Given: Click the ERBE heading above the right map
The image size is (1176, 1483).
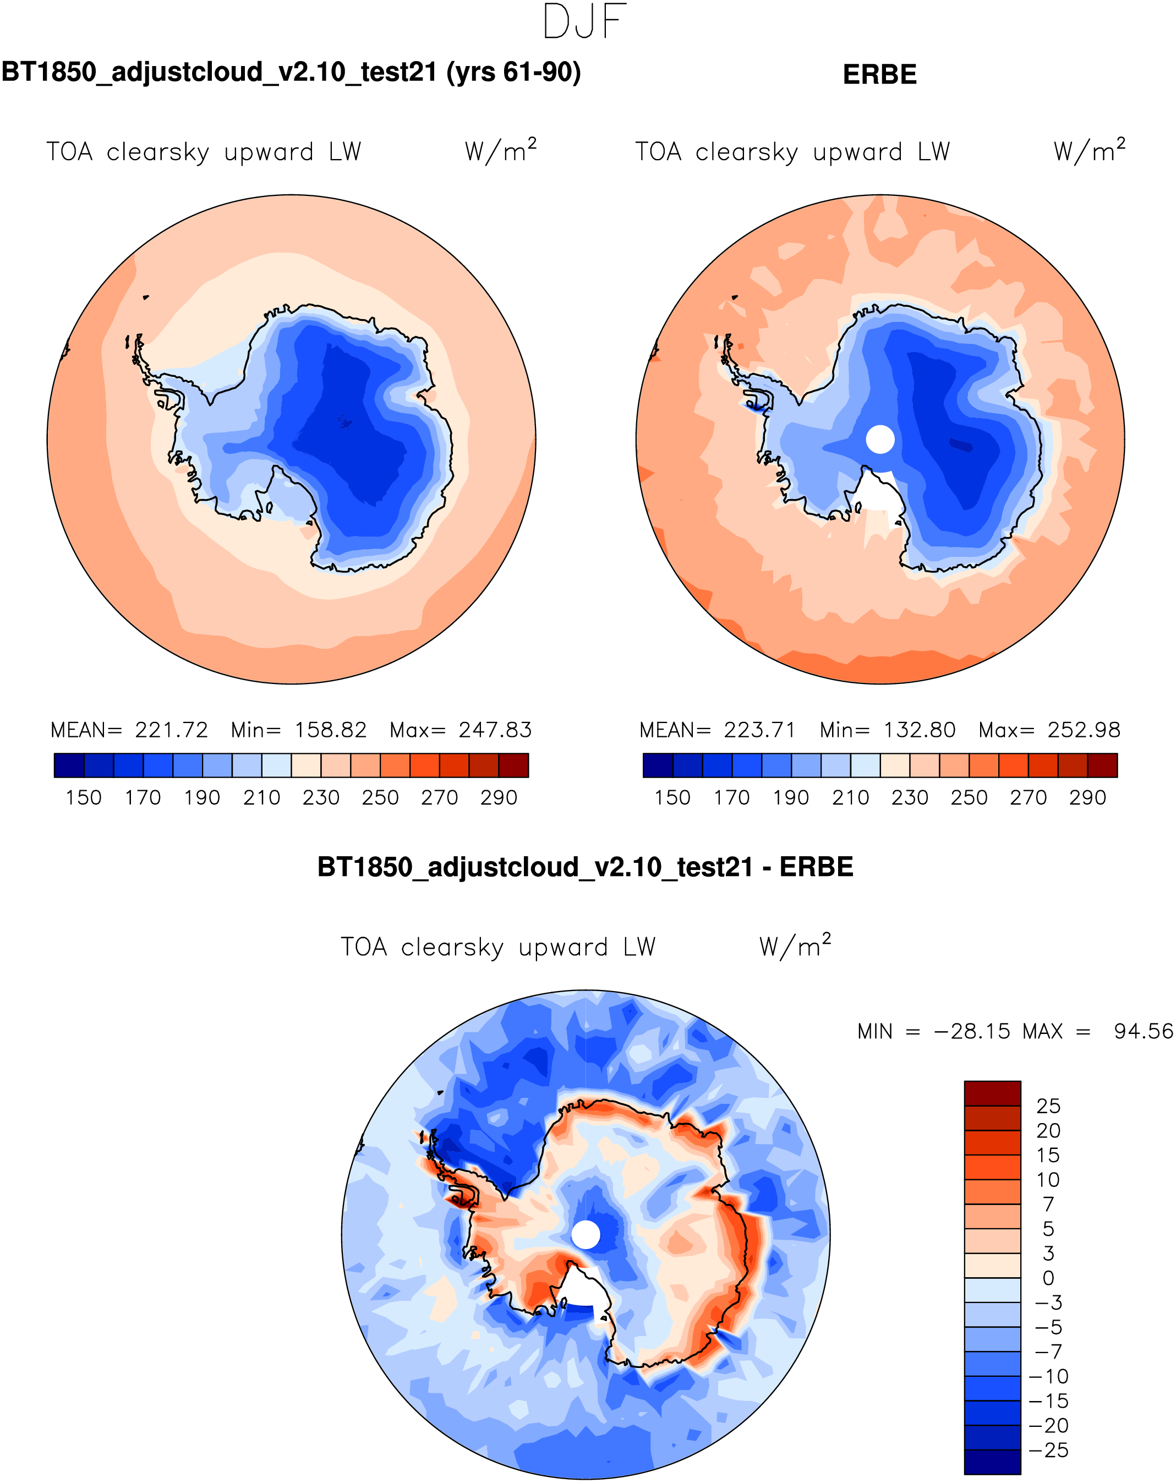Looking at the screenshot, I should point(879,74).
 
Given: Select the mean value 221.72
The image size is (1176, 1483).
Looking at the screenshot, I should point(171,730).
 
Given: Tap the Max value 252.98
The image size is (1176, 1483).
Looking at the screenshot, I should point(1084,730).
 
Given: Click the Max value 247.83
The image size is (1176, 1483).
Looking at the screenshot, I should point(495,730).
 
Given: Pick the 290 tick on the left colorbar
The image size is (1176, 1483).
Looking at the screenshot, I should point(499,798).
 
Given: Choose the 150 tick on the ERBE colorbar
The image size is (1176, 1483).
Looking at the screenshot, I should point(672,798).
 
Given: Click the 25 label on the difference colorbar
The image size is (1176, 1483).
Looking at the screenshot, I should point(1048,1107).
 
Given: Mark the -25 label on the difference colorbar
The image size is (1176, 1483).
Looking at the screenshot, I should point(1048,1451).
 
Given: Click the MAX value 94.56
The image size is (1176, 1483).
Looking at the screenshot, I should point(1143,1032).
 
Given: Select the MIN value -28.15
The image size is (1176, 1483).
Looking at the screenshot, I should point(972,1032).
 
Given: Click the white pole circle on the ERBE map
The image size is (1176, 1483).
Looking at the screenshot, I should point(879,439).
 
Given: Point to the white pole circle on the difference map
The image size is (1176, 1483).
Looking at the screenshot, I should point(586,1235).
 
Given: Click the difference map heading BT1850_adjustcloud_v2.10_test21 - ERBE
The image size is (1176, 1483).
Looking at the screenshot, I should point(586,867).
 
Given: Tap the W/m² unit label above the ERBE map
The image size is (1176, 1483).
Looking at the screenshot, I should point(1090,151).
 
